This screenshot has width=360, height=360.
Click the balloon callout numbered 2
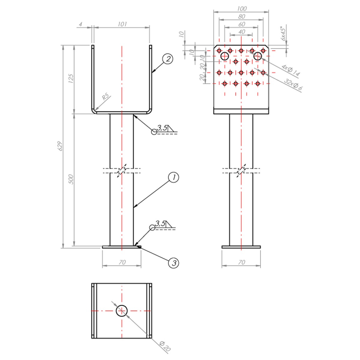point(168,59)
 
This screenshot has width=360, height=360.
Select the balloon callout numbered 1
point(173,177)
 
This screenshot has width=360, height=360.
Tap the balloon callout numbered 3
point(173,263)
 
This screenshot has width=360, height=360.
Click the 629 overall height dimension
point(60,146)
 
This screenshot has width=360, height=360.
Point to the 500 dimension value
point(71,179)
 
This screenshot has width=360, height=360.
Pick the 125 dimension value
point(71,79)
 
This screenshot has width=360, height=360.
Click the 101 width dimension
point(122,24)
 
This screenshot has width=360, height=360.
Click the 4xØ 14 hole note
point(290,70)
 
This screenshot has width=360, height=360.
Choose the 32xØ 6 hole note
point(293,85)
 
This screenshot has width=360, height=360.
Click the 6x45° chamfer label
point(283,34)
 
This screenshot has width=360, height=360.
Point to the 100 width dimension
point(242,9)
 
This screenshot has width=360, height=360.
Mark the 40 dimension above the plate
point(242,32)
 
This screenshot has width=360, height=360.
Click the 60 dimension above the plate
point(242,24)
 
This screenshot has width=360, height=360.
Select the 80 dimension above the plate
point(241,16)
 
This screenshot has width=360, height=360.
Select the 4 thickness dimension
point(80,25)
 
